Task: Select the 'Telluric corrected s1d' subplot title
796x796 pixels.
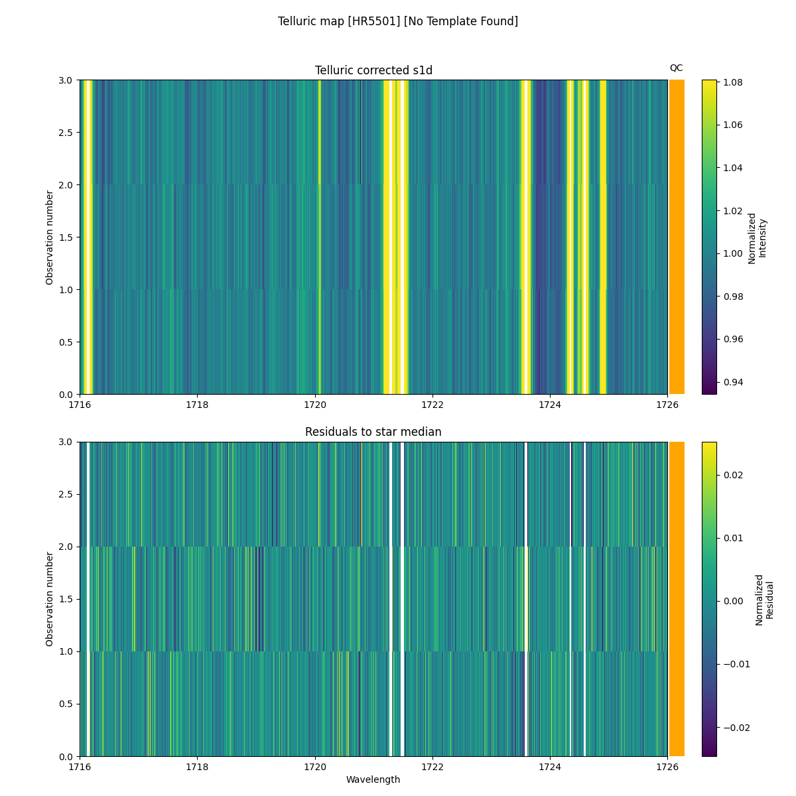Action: tap(373, 70)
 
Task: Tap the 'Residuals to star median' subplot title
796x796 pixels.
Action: tap(373, 432)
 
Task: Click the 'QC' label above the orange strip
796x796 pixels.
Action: tap(676, 68)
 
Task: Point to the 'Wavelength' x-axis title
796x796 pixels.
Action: tap(373, 779)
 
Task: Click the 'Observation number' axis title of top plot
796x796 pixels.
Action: tap(50, 237)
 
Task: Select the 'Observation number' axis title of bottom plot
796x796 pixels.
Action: tap(50, 598)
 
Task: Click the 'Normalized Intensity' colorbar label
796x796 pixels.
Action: tap(757, 237)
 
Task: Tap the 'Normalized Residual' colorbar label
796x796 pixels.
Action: tap(764, 599)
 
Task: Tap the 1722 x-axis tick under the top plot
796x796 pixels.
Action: tap(432, 404)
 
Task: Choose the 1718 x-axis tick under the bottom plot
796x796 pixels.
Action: tap(197, 766)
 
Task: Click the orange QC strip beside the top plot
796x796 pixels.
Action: tap(677, 237)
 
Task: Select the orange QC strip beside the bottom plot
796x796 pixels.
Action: tap(677, 598)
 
